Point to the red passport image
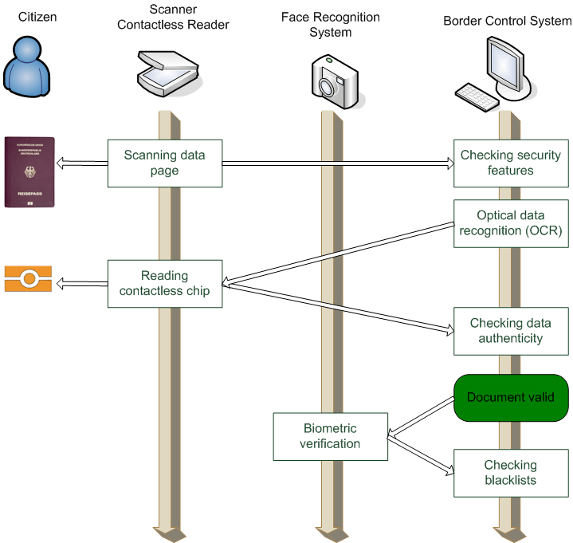pyautogui.click(x=29, y=172)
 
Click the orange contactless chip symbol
pyautogui.click(x=29, y=279)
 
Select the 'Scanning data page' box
pyautogui.click(x=163, y=163)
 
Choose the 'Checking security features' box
pyautogui.click(x=511, y=163)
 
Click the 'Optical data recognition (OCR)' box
pyautogui.click(x=511, y=223)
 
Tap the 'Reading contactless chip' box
pyautogui.click(x=164, y=283)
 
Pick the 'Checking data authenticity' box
pyautogui.click(x=511, y=331)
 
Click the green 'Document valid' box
pyautogui.click(x=511, y=397)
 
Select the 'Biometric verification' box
pyautogui.click(x=331, y=436)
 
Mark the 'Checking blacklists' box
pyautogui.click(x=511, y=473)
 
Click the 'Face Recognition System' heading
pyautogui.click(x=330, y=25)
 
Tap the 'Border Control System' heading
pyautogui.click(x=508, y=21)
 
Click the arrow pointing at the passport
pyautogui.click(x=81, y=163)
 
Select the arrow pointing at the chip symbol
pyautogui.click(x=81, y=281)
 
